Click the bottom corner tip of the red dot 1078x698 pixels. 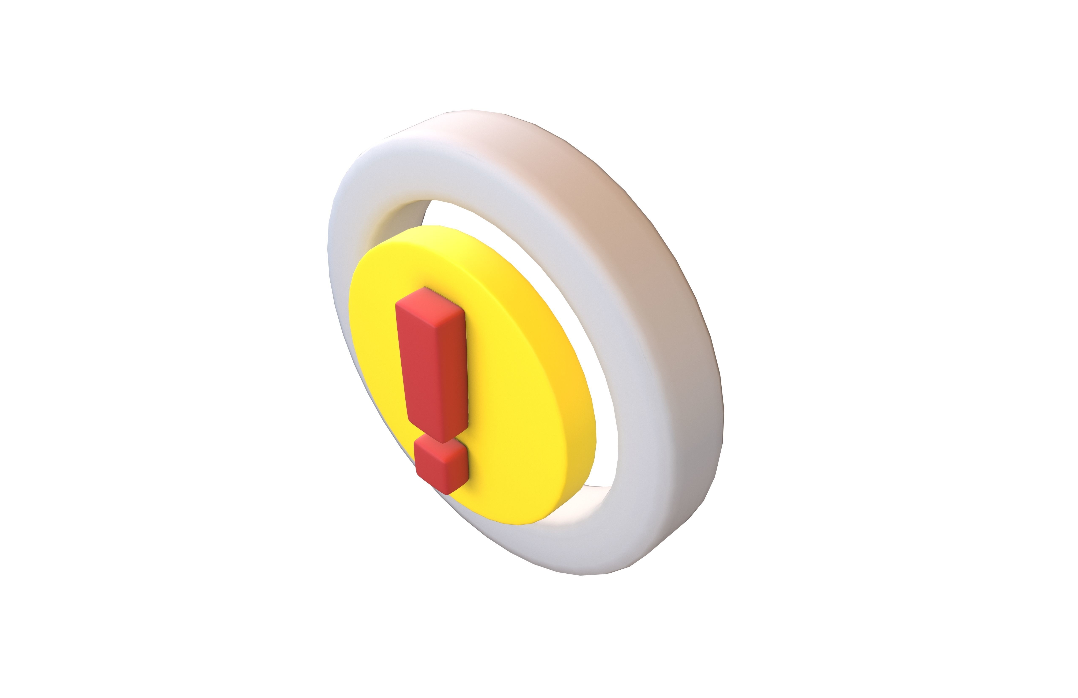(x=448, y=493)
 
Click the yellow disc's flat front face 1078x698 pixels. (x=507, y=408)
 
